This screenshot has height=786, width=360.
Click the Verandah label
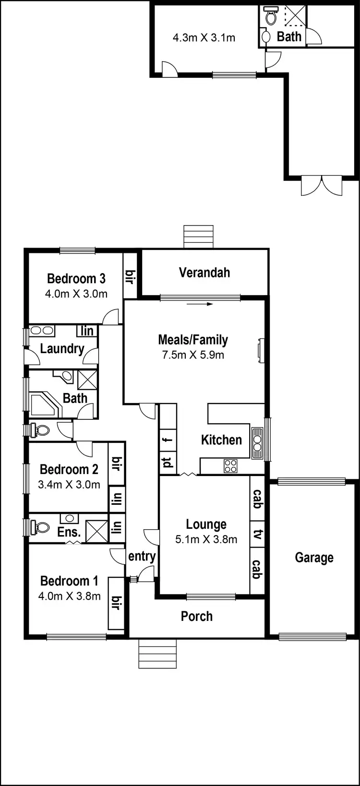click(x=204, y=273)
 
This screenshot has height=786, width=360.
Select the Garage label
click(x=314, y=558)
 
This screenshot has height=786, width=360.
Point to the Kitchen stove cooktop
click(x=231, y=465)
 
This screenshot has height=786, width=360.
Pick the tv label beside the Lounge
click(x=257, y=535)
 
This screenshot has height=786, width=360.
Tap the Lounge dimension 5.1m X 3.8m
click(x=206, y=539)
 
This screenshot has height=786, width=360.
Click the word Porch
click(x=196, y=616)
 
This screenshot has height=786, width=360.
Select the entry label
click(x=142, y=556)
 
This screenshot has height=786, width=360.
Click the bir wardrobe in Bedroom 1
click(x=116, y=603)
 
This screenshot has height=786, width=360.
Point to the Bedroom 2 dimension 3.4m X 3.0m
click(x=69, y=485)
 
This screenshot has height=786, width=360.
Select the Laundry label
click(x=62, y=349)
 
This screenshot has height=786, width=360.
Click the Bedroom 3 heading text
click(x=76, y=278)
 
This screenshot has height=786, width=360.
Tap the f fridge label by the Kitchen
click(x=168, y=439)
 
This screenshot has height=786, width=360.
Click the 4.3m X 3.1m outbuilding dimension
click(x=204, y=38)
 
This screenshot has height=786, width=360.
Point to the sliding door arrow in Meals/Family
click(x=200, y=304)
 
